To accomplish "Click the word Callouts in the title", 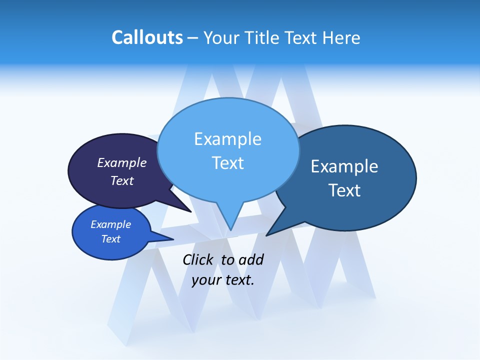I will coord(147,38).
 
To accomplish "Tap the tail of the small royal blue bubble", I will coord(167,238).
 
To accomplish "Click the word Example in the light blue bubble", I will coord(227,139).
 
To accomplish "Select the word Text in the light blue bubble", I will coord(227,163).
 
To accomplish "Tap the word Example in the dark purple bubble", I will coord(122,162).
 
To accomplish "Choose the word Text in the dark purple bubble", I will coord(122,180).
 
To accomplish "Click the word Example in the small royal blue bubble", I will coord(110,224).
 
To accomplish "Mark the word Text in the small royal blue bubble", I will coord(110,239).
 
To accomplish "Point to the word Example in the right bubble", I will coord(344,166).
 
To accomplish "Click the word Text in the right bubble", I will coord(344,190).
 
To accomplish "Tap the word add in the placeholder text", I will coord(251,259).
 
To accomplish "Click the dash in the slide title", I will coord(193,38).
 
